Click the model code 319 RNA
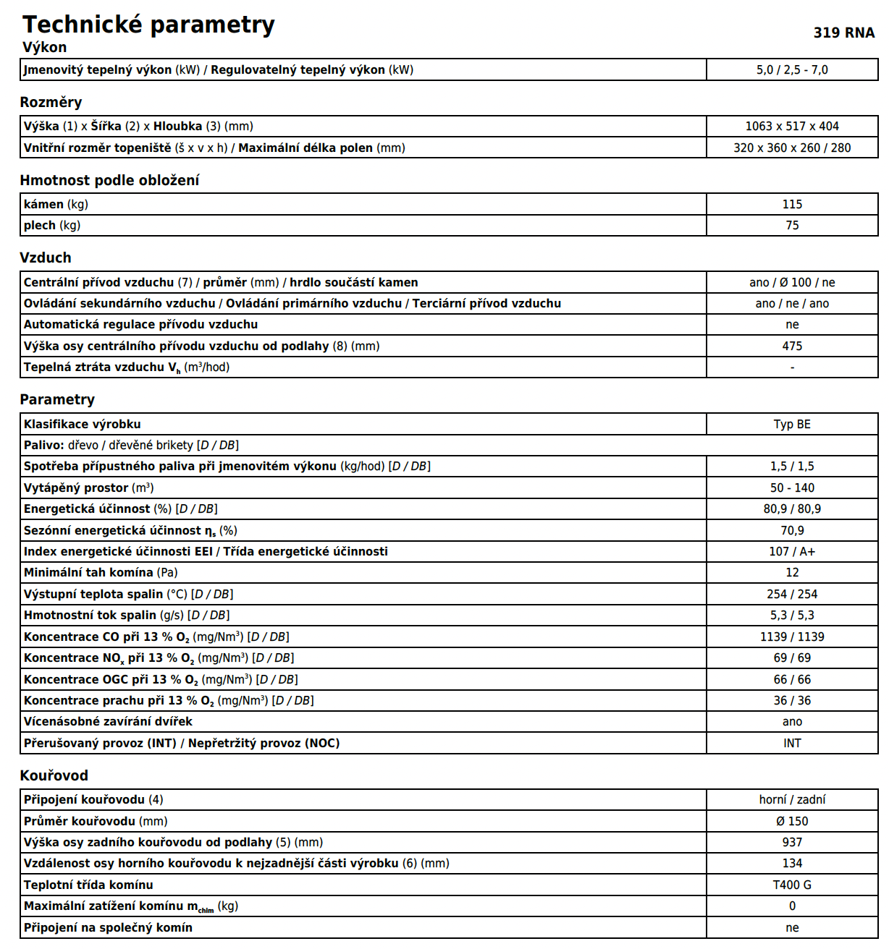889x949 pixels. tap(843, 33)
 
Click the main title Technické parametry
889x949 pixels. tap(148, 25)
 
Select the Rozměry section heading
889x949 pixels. tap(51, 102)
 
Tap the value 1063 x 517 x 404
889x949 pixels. tap(792, 126)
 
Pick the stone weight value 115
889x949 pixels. tap(792, 204)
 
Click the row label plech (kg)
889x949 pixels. tap(51, 225)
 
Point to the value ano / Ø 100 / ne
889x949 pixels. tap(792, 282)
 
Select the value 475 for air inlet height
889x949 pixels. tap(792, 346)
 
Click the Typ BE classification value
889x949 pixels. tap(792, 424)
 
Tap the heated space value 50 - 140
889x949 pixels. tap(792, 488)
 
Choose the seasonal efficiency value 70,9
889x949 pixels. tap(792, 530)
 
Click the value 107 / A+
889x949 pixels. tap(792, 551)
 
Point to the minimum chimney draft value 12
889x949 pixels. tap(792, 572)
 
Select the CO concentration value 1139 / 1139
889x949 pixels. tap(792, 637)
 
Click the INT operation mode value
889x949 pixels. tap(792, 743)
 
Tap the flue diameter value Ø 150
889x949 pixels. tap(792, 821)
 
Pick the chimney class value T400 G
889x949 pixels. tap(792, 885)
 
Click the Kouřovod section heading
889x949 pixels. tap(54, 775)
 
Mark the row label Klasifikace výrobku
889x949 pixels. tap(82, 424)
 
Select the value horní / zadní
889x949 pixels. tap(792, 799)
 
